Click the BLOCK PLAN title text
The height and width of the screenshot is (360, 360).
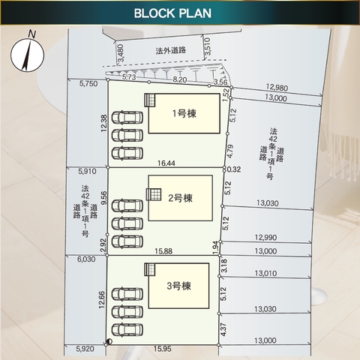[172, 13]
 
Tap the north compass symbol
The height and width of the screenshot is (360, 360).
[28, 52]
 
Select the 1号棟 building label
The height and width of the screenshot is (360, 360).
[184, 114]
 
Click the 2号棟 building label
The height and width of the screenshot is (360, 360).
[180, 198]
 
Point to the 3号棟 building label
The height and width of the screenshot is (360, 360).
[178, 286]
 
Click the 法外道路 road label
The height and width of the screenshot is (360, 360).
[171, 50]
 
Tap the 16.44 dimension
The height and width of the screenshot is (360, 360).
[166, 163]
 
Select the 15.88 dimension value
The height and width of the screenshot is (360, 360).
[163, 251]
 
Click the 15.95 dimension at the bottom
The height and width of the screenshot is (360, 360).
[163, 349]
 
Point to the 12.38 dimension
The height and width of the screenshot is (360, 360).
[103, 123]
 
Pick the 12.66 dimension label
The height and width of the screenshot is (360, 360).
[102, 300]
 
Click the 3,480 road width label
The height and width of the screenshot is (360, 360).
[121, 53]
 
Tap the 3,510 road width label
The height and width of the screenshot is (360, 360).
[208, 46]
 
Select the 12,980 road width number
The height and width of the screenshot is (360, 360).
[277, 87]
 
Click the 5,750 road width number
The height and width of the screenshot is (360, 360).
[88, 83]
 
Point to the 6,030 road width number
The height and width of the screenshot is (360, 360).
[86, 259]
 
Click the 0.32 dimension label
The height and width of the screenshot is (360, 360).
[234, 169]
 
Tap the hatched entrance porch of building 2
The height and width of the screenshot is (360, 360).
[154, 194]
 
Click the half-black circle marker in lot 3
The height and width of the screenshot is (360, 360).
[109, 341]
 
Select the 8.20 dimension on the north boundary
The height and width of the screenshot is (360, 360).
[180, 79]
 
